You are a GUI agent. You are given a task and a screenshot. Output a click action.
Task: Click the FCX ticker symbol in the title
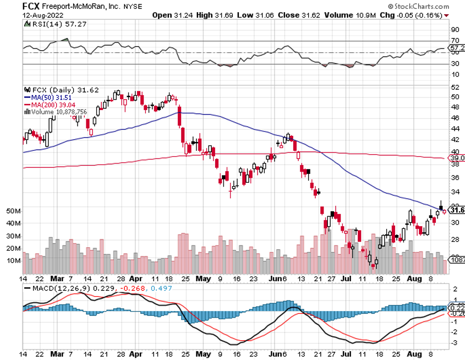pos(31,6)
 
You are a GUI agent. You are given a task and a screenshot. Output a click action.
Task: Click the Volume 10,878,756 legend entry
pos(57,112)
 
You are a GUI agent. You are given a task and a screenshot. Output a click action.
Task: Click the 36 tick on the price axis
pos(455,178)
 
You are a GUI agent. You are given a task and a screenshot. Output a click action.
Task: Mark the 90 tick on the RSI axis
pos(455,29)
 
